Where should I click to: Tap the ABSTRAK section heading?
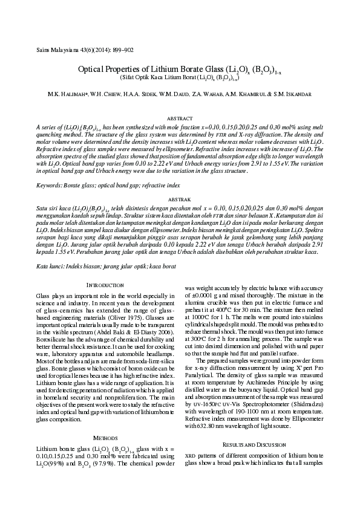coord(179,199)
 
